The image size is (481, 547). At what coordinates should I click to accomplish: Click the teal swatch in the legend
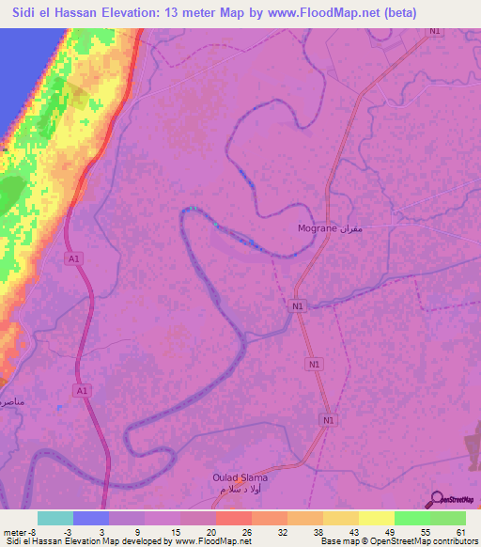point(55,518)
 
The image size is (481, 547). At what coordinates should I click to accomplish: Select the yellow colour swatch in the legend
point(377,518)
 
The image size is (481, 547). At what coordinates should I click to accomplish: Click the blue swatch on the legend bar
point(91,518)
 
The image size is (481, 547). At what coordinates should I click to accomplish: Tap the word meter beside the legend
point(13,531)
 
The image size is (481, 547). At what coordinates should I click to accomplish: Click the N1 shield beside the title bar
point(433,31)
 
